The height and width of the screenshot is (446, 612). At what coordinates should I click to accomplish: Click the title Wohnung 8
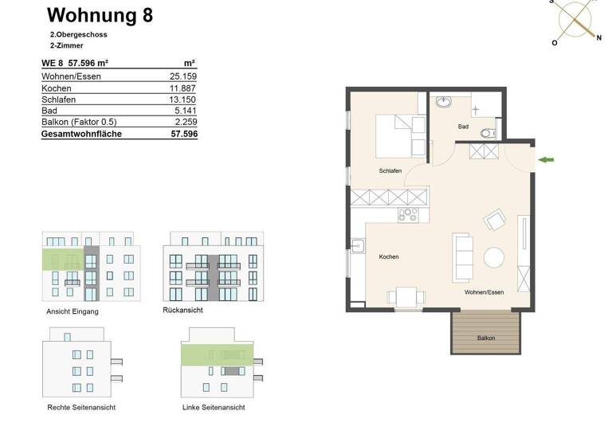click(x=100, y=15)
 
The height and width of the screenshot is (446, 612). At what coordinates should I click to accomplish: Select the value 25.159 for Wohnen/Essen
click(x=182, y=76)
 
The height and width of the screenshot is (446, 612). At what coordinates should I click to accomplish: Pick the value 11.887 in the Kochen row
click(x=182, y=88)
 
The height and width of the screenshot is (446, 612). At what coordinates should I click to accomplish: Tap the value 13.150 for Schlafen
click(x=182, y=100)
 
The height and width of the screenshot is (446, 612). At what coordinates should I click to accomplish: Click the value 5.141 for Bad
click(x=184, y=111)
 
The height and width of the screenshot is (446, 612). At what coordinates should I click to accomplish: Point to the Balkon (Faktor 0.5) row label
click(x=79, y=123)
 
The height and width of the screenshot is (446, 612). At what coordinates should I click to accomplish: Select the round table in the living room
click(x=494, y=257)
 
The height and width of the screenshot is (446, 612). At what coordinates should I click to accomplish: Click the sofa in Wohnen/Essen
click(x=462, y=256)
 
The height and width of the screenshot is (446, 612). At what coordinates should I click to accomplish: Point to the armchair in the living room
click(x=495, y=219)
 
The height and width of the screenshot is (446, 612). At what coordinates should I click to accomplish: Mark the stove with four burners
click(x=408, y=213)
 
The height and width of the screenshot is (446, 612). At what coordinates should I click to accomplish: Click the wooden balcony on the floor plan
click(x=485, y=332)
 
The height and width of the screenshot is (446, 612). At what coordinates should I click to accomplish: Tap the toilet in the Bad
click(x=488, y=132)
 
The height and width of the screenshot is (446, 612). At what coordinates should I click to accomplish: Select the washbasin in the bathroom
click(x=443, y=102)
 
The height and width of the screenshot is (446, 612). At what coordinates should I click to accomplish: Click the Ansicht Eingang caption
click(x=73, y=311)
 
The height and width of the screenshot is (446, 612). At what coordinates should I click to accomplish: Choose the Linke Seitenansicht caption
click(x=214, y=407)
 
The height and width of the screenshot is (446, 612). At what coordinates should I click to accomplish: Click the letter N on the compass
click(x=598, y=37)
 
